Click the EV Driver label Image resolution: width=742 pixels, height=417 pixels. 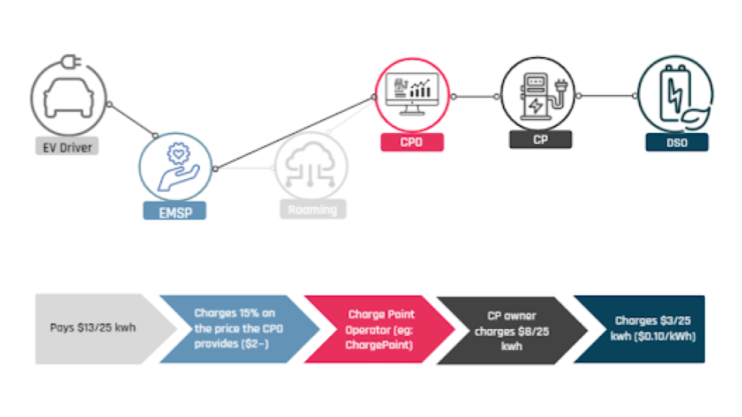click(66, 146)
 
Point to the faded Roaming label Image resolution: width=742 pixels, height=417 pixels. click(312, 209)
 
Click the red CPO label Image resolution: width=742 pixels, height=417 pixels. click(412, 142)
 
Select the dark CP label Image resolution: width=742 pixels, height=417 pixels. click(540, 140)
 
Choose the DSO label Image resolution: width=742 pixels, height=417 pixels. click(677, 142)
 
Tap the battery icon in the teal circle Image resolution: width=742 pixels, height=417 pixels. click(676, 97)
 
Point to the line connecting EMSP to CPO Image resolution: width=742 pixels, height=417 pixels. click(294, 132)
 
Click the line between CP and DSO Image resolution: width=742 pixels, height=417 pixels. click(607, 97)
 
